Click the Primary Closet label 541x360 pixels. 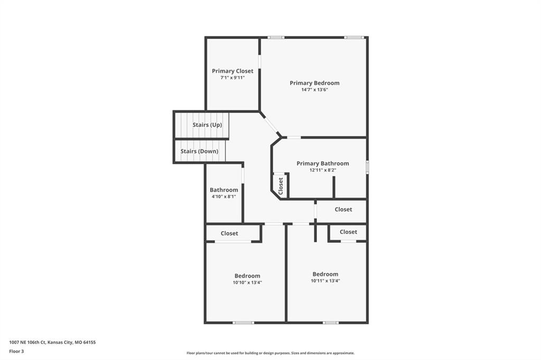232,71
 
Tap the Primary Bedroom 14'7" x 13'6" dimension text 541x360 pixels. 315,90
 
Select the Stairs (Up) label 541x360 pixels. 207,125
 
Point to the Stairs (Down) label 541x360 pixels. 199,151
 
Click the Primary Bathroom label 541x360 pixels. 323,164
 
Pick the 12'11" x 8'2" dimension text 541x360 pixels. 323,170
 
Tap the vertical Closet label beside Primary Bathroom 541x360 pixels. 281,186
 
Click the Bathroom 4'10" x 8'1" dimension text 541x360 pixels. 224,196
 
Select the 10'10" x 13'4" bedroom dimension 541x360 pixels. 247,282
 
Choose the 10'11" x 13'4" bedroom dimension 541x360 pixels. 325,281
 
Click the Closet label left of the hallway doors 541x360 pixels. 229,233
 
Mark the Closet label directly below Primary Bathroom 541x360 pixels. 343,210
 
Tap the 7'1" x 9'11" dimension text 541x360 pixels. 232,78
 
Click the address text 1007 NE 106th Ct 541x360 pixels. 27,343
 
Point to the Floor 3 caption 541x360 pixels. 16,352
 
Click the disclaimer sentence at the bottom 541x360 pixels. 270,353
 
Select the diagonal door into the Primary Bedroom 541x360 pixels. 271,126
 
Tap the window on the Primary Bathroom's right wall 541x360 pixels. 368,167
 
